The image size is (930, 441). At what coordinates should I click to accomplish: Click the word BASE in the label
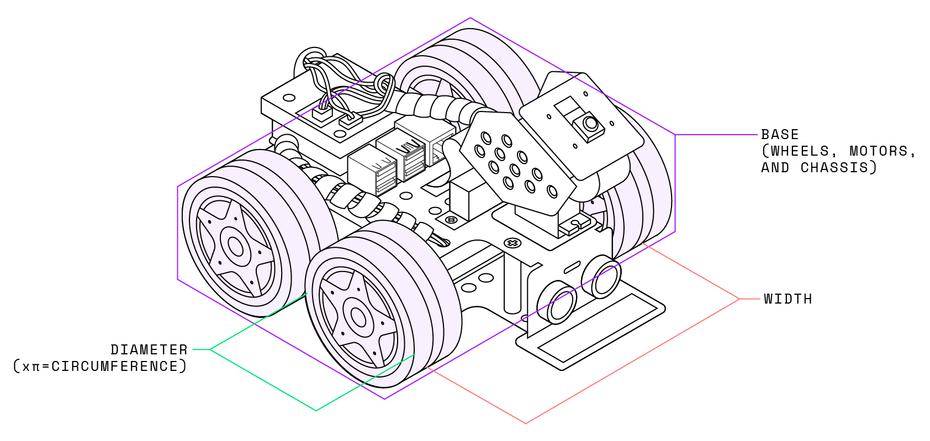(x=780, y=135)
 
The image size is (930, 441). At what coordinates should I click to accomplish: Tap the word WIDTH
(x=788, y=299)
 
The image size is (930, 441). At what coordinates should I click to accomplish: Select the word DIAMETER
(x=149, y=350)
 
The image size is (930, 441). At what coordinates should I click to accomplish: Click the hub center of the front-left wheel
(x=358, y=317)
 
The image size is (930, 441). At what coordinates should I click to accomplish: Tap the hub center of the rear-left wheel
(x=236, y=247)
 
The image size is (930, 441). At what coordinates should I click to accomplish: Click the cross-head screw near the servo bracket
(x=512, y=243)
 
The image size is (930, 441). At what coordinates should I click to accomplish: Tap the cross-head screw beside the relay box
(x=452, y=220)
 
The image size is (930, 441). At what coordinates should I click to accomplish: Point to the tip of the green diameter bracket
(x=316, y=410)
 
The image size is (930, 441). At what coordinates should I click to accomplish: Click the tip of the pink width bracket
(x=526, y=423)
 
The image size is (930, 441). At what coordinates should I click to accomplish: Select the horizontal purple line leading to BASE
(x=716, y=135)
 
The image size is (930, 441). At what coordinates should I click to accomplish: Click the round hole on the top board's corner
(x=289, y=98)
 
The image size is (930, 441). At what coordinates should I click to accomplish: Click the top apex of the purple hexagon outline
(x=470, y=18)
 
